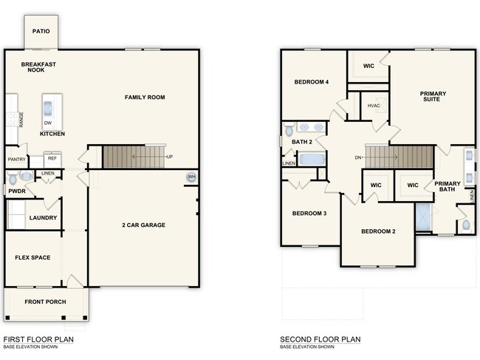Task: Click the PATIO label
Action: click(x=41, y=33)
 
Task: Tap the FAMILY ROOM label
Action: click(x=145, y=97)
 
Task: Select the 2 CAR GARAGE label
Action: click(x=143, y=225)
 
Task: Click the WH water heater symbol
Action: click(x=191, y=177)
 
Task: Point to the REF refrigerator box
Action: click(x=52, y=158)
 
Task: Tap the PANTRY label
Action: click(x=17, y=159)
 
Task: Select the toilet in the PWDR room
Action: click(x=24, y=177)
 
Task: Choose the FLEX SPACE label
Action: click(x=32, y=258)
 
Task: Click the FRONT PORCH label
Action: click(x=46, y=302)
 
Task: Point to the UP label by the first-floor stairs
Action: click(x=169, y=157)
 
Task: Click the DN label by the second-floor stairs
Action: click(x=358, y=157)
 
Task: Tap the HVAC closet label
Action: click(x=374, y=106)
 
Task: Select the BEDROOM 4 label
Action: click(x=311, y=82)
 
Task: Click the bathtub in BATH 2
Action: click(x=313, y=160)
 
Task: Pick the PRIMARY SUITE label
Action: click(x=433, y=98)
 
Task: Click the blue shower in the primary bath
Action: click(x=424, y=218)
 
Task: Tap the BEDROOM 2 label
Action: click(x=378, y=231)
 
